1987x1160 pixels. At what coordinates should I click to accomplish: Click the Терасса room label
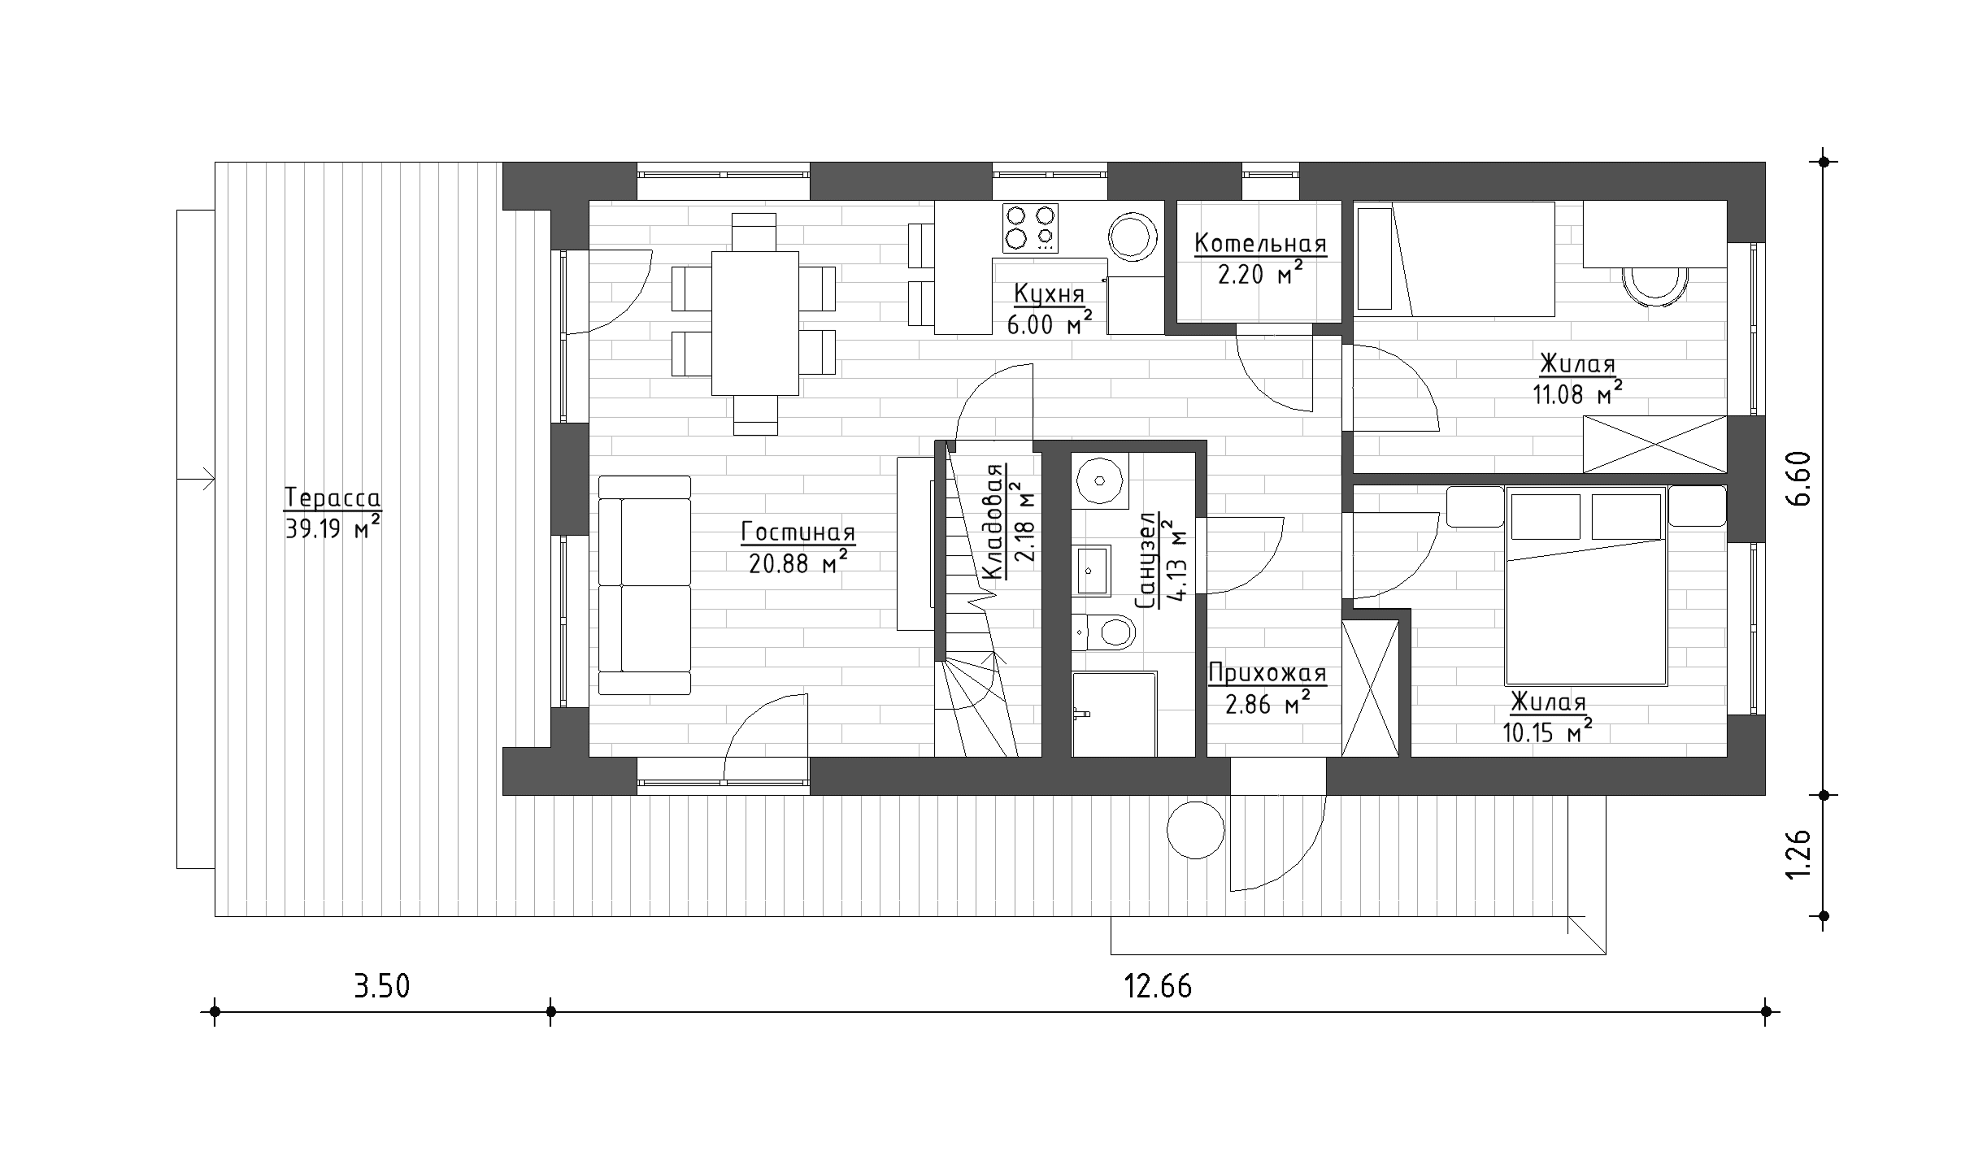click(333, 497)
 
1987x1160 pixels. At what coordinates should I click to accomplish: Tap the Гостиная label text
click(798, 532)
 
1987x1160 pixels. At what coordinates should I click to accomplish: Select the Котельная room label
click(1260, 243)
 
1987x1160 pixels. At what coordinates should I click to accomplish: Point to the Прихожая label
click(1267, 673)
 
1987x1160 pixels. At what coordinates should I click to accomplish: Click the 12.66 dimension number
click(1158, 987)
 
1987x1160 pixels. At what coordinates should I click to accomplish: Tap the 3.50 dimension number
click(381, 987)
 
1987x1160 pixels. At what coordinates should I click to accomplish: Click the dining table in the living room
click(754, 323)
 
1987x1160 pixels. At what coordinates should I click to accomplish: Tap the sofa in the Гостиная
click(645, 585)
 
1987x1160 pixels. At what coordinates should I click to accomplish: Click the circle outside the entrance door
click(1195, 829)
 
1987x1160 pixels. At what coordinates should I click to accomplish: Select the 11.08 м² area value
click(1578, 394)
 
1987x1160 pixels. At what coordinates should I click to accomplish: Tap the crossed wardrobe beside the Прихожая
click(1370, 689)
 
